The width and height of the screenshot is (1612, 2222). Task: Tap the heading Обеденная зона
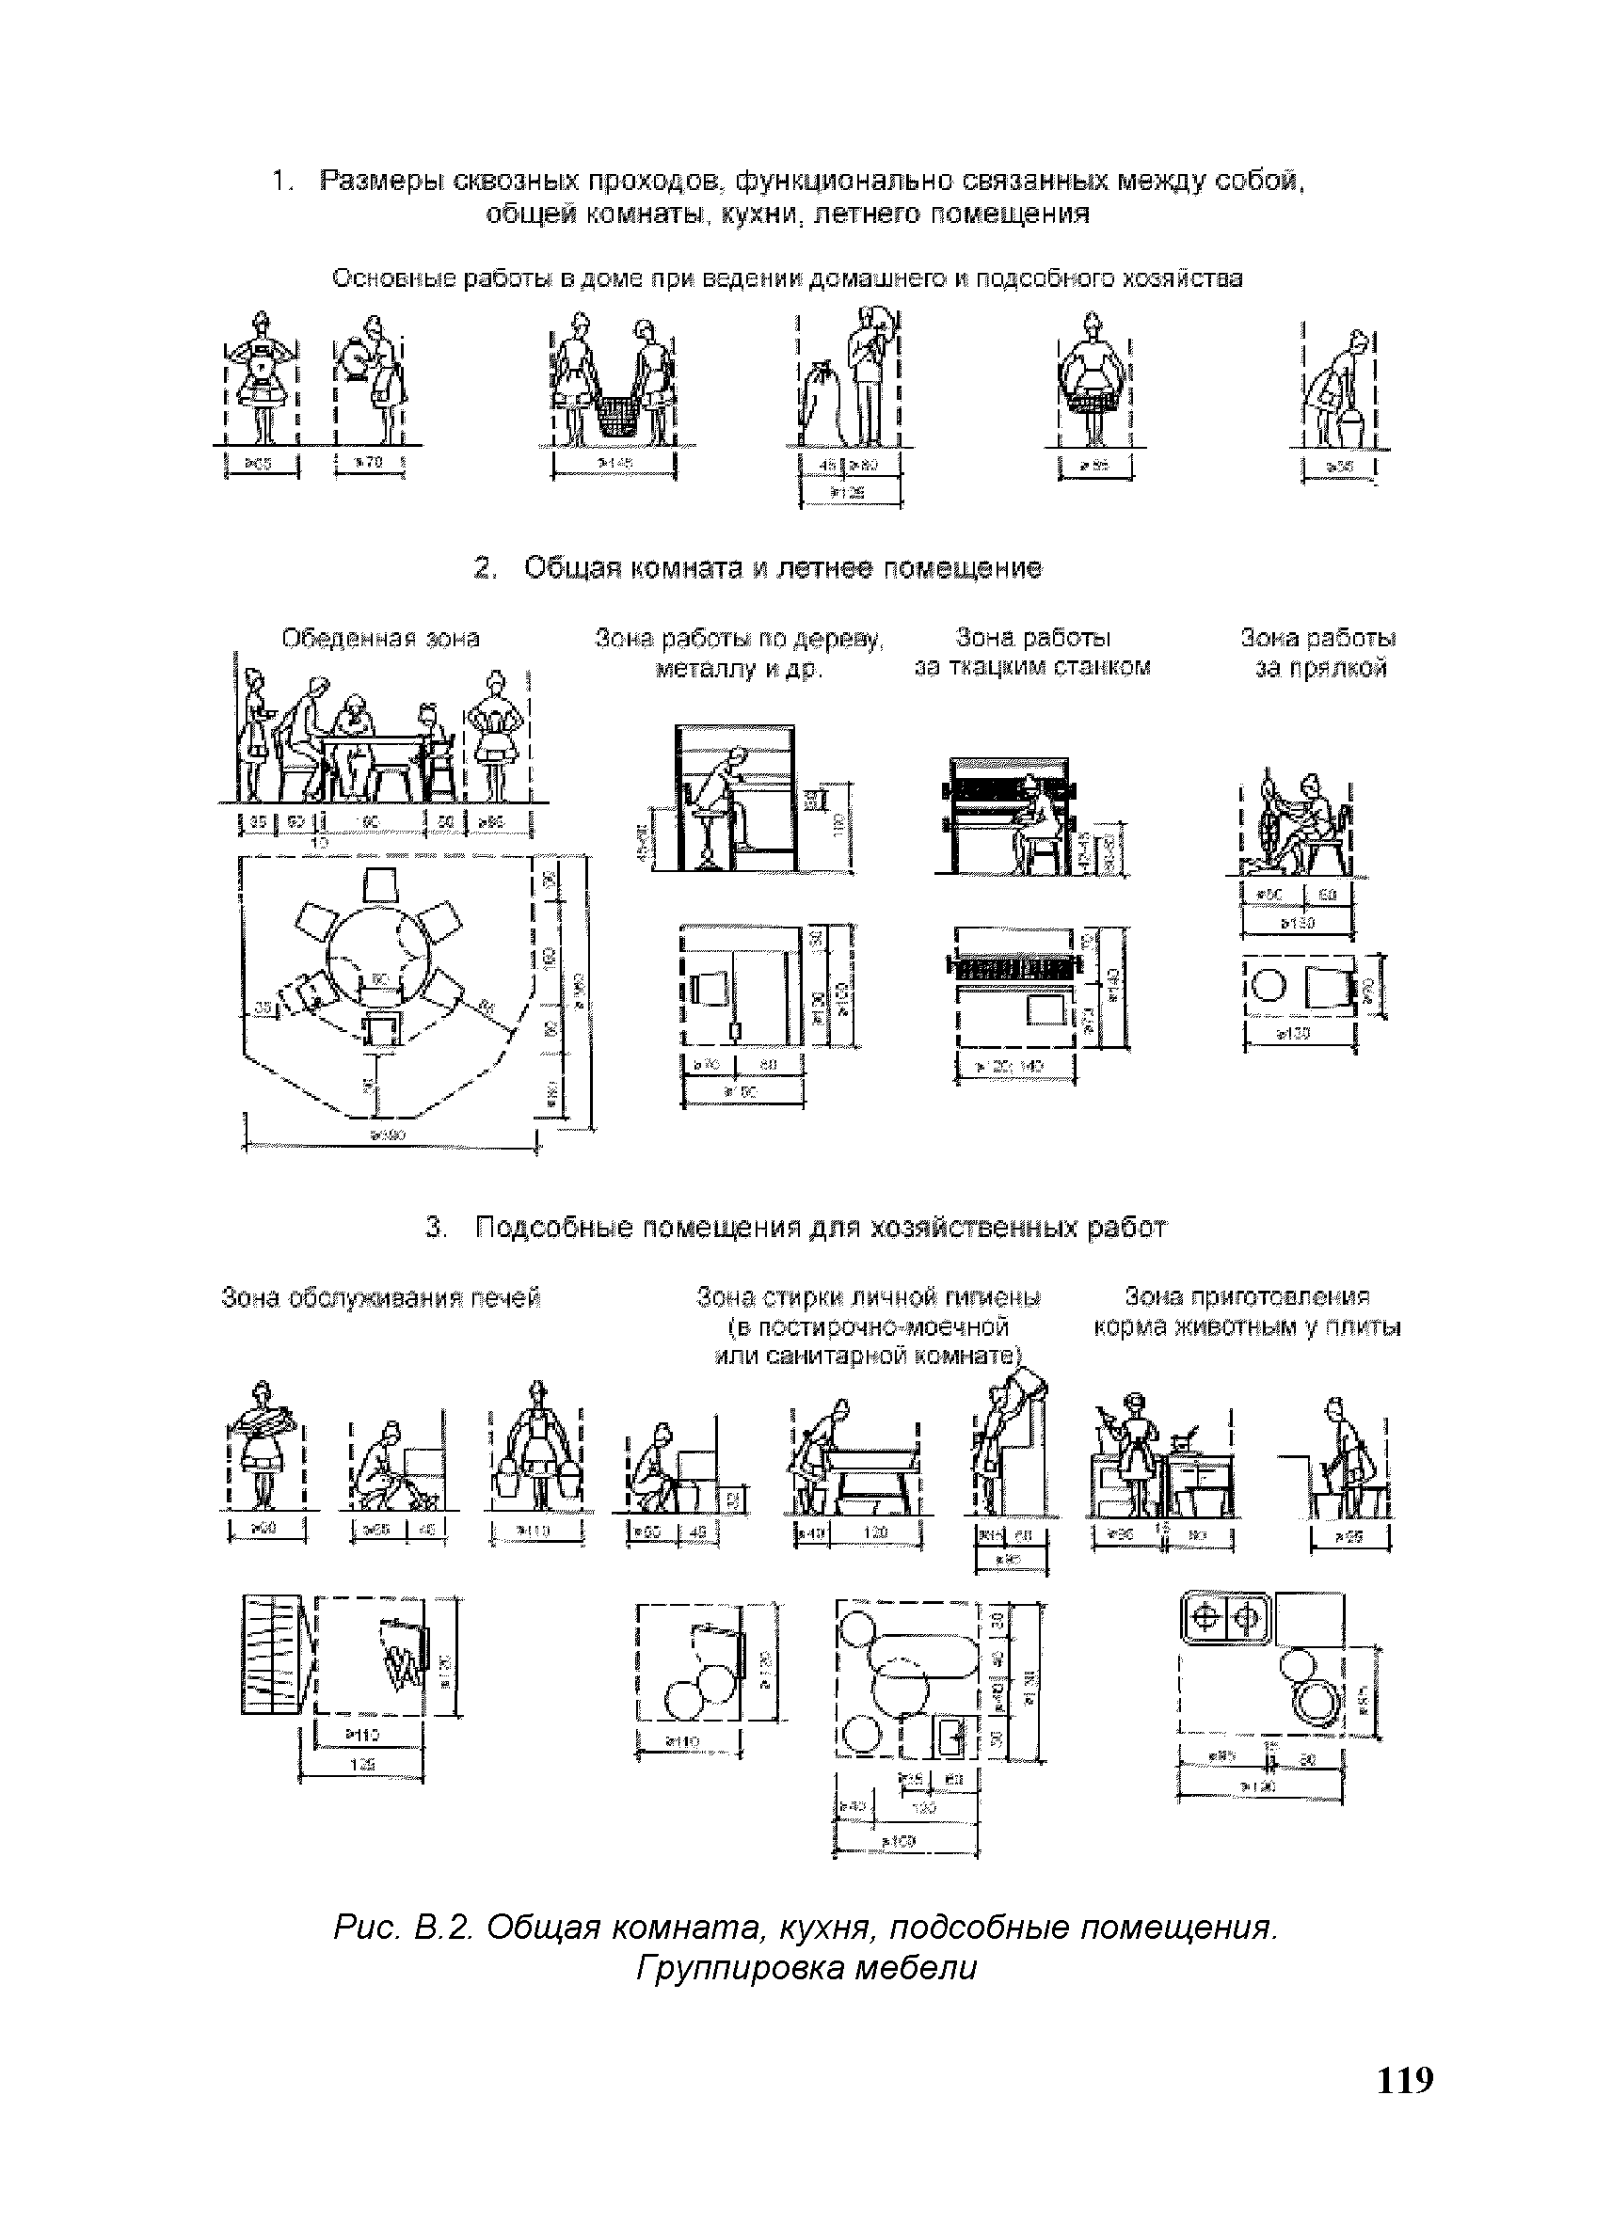(x=381, y=639)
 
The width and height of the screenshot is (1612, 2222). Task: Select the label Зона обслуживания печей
(x=381, y=1298)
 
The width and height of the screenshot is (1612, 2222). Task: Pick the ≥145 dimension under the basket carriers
(x=614, y=462)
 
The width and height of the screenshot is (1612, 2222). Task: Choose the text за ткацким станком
(x=1032, y=668)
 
